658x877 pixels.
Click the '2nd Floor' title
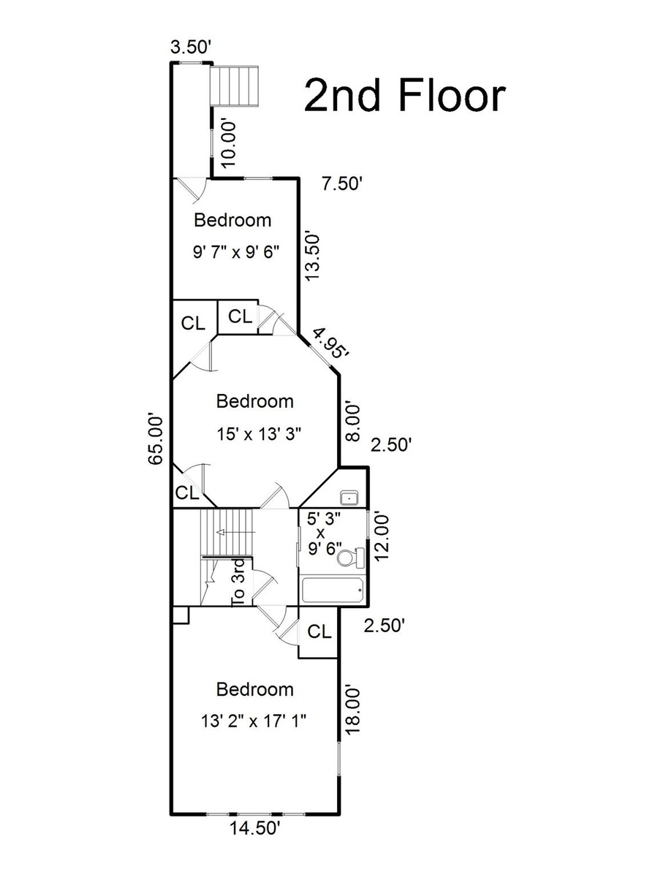point(405,96)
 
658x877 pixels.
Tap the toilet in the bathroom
point(351,557)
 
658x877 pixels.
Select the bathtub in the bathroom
point(333,590)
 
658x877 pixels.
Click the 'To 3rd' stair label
point(238,582)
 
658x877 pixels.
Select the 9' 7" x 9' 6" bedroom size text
point(236,253)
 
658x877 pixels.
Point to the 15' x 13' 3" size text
point(259,434)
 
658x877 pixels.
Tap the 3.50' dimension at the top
point(191,48)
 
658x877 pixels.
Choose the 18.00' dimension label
point(353,710)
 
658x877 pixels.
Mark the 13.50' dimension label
point(313,257)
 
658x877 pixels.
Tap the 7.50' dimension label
point(342,185)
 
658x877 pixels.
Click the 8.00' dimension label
point(353,422)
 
